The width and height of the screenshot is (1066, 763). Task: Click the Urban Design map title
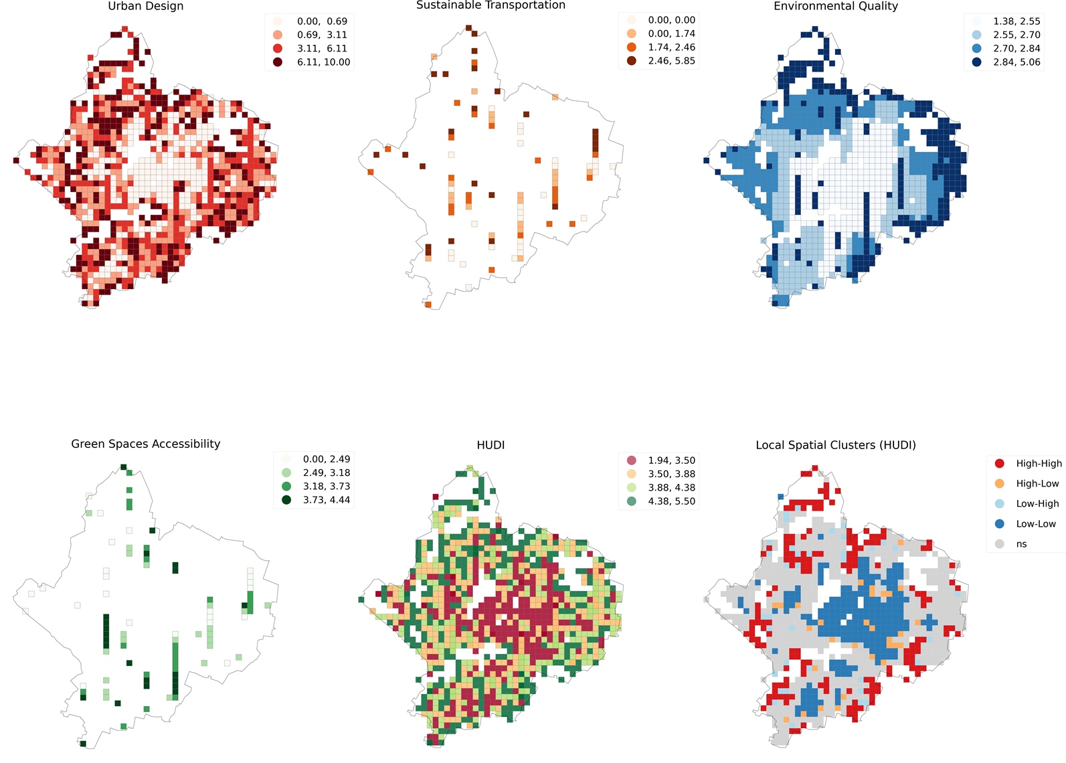pyautogui.click(x=145, y=6)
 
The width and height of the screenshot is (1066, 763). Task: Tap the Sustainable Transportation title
pyautogui.click(x=491, y=5)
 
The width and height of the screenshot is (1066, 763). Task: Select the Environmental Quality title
pyautogui.click(x=835, y=6)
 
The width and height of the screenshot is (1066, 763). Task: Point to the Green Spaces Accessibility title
pyautogui.click(x=145, y=444)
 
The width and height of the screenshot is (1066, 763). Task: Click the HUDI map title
pyautogui.click(x=491, y=445)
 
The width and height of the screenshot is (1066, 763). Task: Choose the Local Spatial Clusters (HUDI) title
pyautogui.click(x=835, y=445)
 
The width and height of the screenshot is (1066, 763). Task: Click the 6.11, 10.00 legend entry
pyautogui.click(x=323, y=62)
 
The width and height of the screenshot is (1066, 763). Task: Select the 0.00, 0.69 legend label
pyautogui.click(x=322, y=21)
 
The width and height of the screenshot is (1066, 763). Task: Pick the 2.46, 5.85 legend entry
pyautogui.click(x=671, y=61)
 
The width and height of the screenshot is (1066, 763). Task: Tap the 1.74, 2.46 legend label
pyautogui.click(x=671, y=48)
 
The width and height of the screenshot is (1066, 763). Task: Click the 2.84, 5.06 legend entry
pyautogui.click(x=1016, y=62)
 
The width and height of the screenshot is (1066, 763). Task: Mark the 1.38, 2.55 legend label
pyautogui.click(x=1016, y=21)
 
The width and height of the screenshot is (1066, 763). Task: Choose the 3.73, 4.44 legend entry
pyautogui.click(x=326, y=500)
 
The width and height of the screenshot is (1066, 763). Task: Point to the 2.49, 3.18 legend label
pyautogui.click(x=326, y=473)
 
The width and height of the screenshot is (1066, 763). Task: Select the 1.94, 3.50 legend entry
pyautogui.click(x=671, y=460)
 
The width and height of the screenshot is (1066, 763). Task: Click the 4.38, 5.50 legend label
pyautogui.click(x=671, y=501)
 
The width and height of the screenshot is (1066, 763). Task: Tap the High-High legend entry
pyautogui.click(x=1038, y=463)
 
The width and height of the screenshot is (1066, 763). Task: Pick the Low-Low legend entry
pyautogui.click(x=1035, y=524)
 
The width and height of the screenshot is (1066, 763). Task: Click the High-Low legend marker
pyautogui.click(x=1000, y=483)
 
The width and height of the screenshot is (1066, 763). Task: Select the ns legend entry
pyautogui.click(x=1020, y=544)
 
